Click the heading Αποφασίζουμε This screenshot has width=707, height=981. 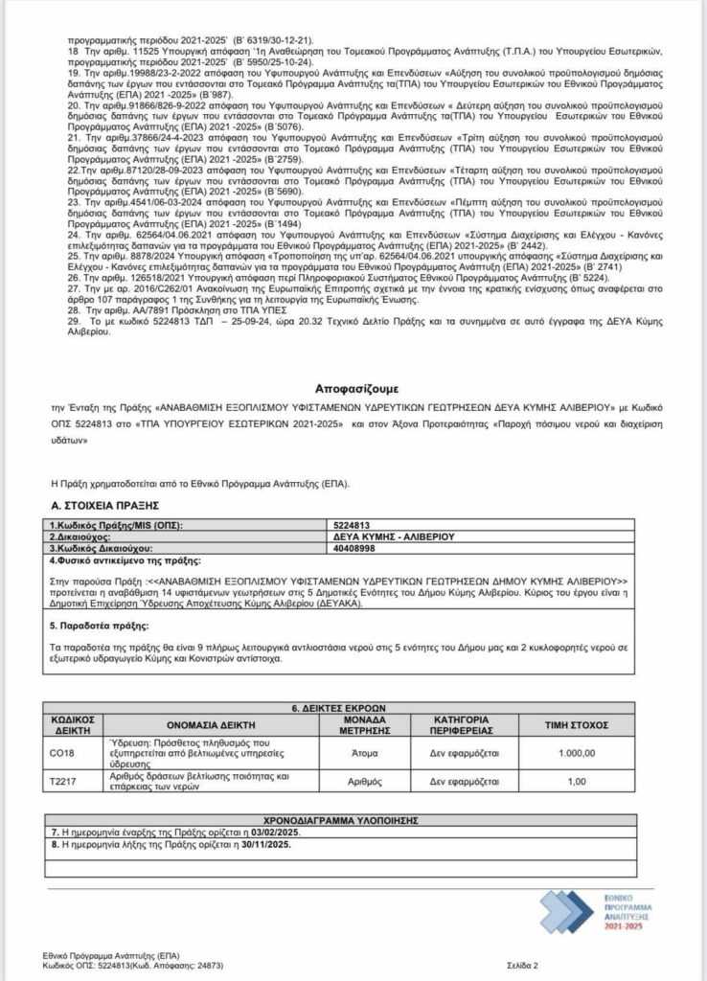pos(355,389)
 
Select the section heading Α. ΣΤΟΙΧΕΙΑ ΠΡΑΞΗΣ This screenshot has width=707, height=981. pos(104,504)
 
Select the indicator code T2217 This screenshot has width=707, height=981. pos(61,781)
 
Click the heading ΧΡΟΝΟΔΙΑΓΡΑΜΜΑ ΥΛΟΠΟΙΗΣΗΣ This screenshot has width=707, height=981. pos(340,820)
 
